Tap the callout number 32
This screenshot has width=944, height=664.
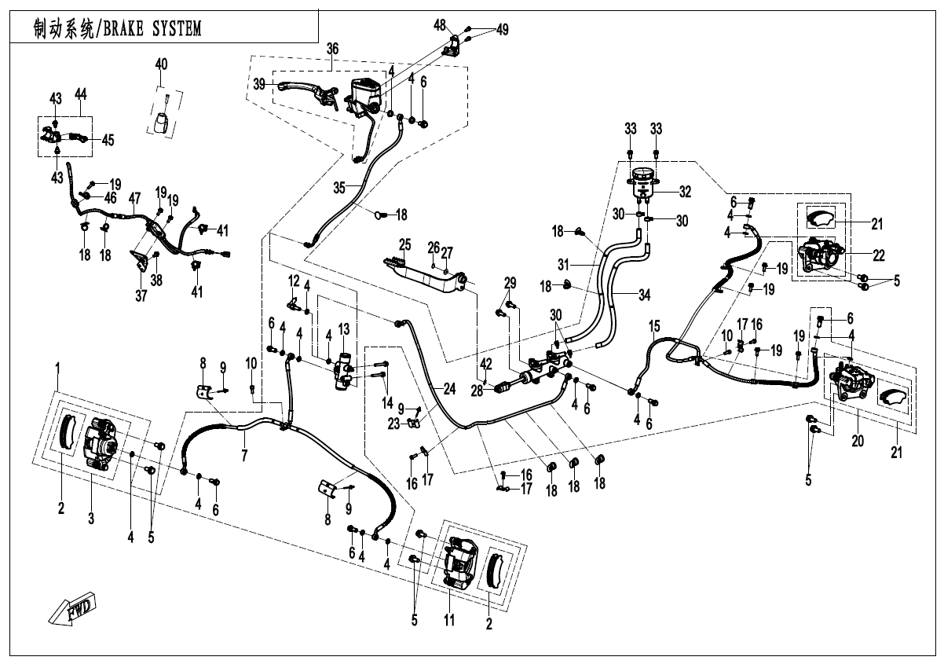coord(685,191)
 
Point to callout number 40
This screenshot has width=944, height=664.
coord(161,63)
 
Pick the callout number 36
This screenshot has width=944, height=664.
coord(332,49)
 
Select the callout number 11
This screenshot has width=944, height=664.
coord(448,620)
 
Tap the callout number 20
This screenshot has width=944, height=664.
coord(858,442)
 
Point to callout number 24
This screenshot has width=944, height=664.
coord(448,387)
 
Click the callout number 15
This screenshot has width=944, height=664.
coord(654,325)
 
